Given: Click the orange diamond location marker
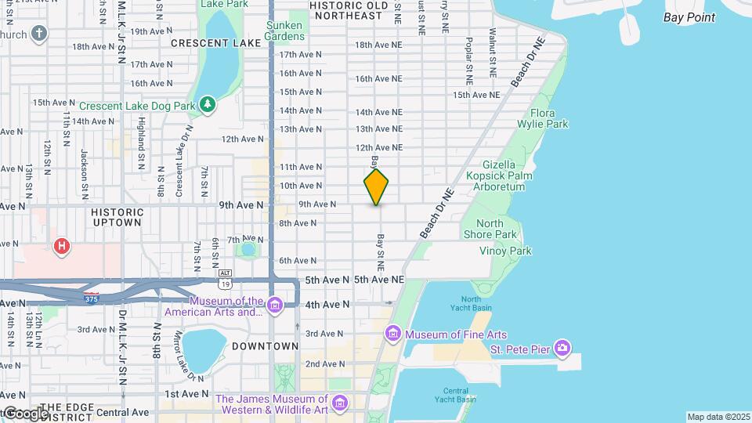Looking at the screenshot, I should point(376,187).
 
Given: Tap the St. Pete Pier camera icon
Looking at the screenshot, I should point(562,347).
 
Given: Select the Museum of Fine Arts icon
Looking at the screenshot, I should point(392,335).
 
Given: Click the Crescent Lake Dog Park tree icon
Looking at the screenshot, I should point(207,104).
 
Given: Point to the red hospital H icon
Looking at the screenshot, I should point(61,247).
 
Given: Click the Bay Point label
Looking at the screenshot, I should point(689,17).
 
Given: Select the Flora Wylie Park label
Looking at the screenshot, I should point(542,118).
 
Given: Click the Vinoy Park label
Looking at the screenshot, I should point(506,251).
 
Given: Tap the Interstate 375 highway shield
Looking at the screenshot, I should point(92,298).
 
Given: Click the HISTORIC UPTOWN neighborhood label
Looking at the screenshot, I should point(117,217).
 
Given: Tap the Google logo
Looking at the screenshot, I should point(25,413).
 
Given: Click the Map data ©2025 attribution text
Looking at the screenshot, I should point(718,417).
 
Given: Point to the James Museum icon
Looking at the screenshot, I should point(339,403).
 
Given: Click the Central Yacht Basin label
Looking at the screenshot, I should point(455,395).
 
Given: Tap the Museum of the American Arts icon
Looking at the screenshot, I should point(274,305).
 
